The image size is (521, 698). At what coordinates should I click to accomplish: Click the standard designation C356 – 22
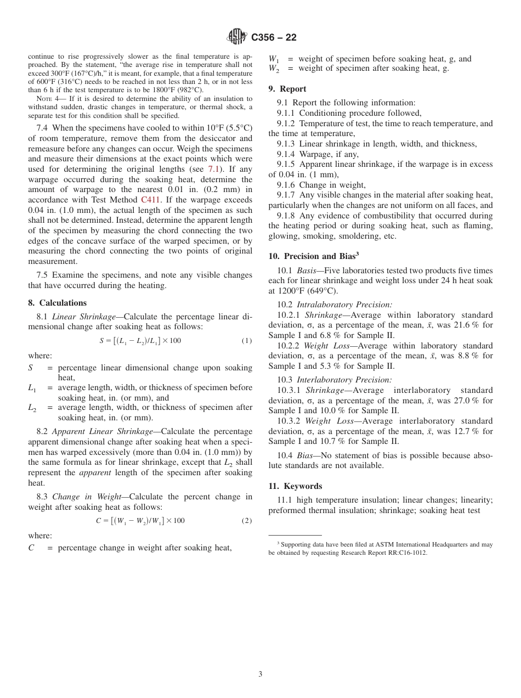[x=274, y=38]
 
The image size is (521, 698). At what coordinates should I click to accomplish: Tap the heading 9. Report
[x=287, y=89]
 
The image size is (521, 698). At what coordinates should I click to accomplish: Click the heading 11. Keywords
[x=295, y=486]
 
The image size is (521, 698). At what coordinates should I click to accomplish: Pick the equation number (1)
[x=247, y=341]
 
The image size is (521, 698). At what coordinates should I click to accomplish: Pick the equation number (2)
[x=247, y=520]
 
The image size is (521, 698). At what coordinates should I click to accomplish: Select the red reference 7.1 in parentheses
[x=213, y=170]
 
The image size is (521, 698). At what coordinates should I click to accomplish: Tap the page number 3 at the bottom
[x=260, y=674]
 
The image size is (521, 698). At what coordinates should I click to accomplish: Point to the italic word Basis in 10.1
[x=307, y=271]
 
